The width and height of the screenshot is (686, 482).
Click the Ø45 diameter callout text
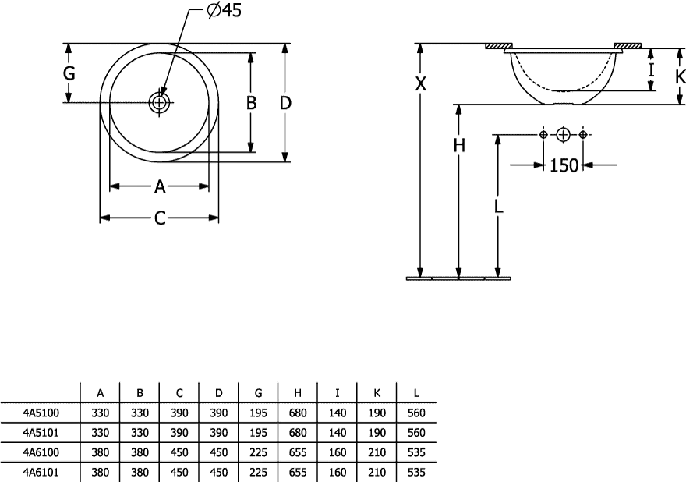click(x=224, y=10)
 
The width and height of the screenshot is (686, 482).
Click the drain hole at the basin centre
click(x=159, y=102)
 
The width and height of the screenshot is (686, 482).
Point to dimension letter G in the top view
click(x=69, y=73)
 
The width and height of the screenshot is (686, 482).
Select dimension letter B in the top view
click(x=251, y=103)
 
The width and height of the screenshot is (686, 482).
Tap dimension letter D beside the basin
click(x=285, y=103)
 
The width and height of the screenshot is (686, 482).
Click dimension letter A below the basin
click(x=160, y=187)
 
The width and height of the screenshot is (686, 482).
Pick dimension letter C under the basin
click(x=160, y=218)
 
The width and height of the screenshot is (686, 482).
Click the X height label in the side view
click(x=420, y=83)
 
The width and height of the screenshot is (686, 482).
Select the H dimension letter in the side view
click(x=459, y=145)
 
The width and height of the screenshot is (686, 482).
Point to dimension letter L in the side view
click(x=498, y=207)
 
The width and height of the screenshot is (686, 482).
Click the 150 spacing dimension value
click(x=564, y=165)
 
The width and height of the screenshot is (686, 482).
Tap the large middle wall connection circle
click(x=563, y=134)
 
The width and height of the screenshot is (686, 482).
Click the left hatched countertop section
click(x=499, y=45)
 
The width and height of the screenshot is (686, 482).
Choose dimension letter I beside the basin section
click(x=652, y=70)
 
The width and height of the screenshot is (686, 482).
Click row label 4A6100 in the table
click(x=41, y=452)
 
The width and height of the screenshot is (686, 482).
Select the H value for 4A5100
click(x=298, y=413)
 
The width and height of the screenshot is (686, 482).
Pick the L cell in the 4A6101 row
click(x=416, y=473)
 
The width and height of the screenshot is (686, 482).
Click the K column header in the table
click(x=377, y=393)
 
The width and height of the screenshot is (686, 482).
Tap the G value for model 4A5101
click(x=258, y=433)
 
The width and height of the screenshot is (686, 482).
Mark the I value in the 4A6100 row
click(x=338, y=452)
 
